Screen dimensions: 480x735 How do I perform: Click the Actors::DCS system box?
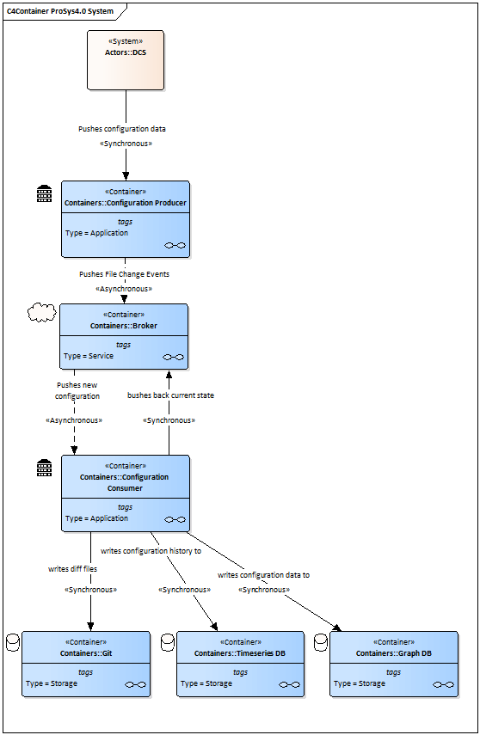tap(126, 60)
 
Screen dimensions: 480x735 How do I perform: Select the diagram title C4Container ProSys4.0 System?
tap(60, 11)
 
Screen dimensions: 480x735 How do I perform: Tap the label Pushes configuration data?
tap(122, 129)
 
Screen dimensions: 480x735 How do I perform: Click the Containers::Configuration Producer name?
tap(126, 203)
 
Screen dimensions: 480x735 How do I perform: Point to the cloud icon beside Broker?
tap(42, 313)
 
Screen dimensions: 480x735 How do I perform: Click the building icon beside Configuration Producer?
tap(45, 193)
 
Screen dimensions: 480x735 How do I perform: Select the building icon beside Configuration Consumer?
tap(45, 468)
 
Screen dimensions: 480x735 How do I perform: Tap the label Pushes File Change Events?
tap(125, 274)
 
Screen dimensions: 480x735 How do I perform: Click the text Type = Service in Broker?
tap(89, 356)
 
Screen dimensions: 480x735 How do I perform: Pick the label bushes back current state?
tap(171, 395)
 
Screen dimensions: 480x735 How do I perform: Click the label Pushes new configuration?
tap(77, 390)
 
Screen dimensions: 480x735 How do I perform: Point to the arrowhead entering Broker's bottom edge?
tap(169, 374)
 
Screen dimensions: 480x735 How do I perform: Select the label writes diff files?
tap(73, 569)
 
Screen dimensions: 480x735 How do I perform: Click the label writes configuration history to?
tap(151, 551)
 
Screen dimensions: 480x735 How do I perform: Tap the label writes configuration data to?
tap(264, 575)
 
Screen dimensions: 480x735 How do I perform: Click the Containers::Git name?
tap(86, 653)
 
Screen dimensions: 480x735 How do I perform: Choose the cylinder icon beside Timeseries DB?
tap(168, 642)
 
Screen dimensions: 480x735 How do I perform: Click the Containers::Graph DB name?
tap(394, 653)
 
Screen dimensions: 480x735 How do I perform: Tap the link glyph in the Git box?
tap(136, 685)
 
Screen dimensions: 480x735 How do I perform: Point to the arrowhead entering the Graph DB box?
tap(337, 628)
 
